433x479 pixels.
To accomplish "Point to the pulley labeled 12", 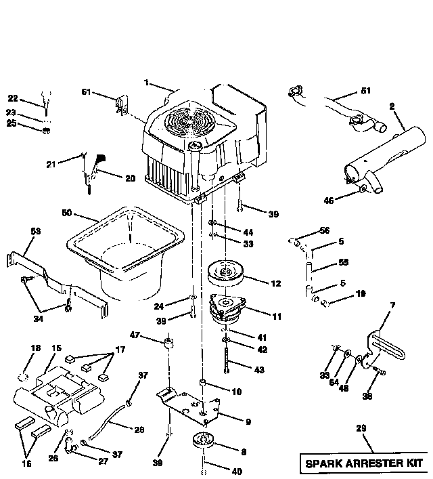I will pos(226,274).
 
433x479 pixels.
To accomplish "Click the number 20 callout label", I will pos(130,179).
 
